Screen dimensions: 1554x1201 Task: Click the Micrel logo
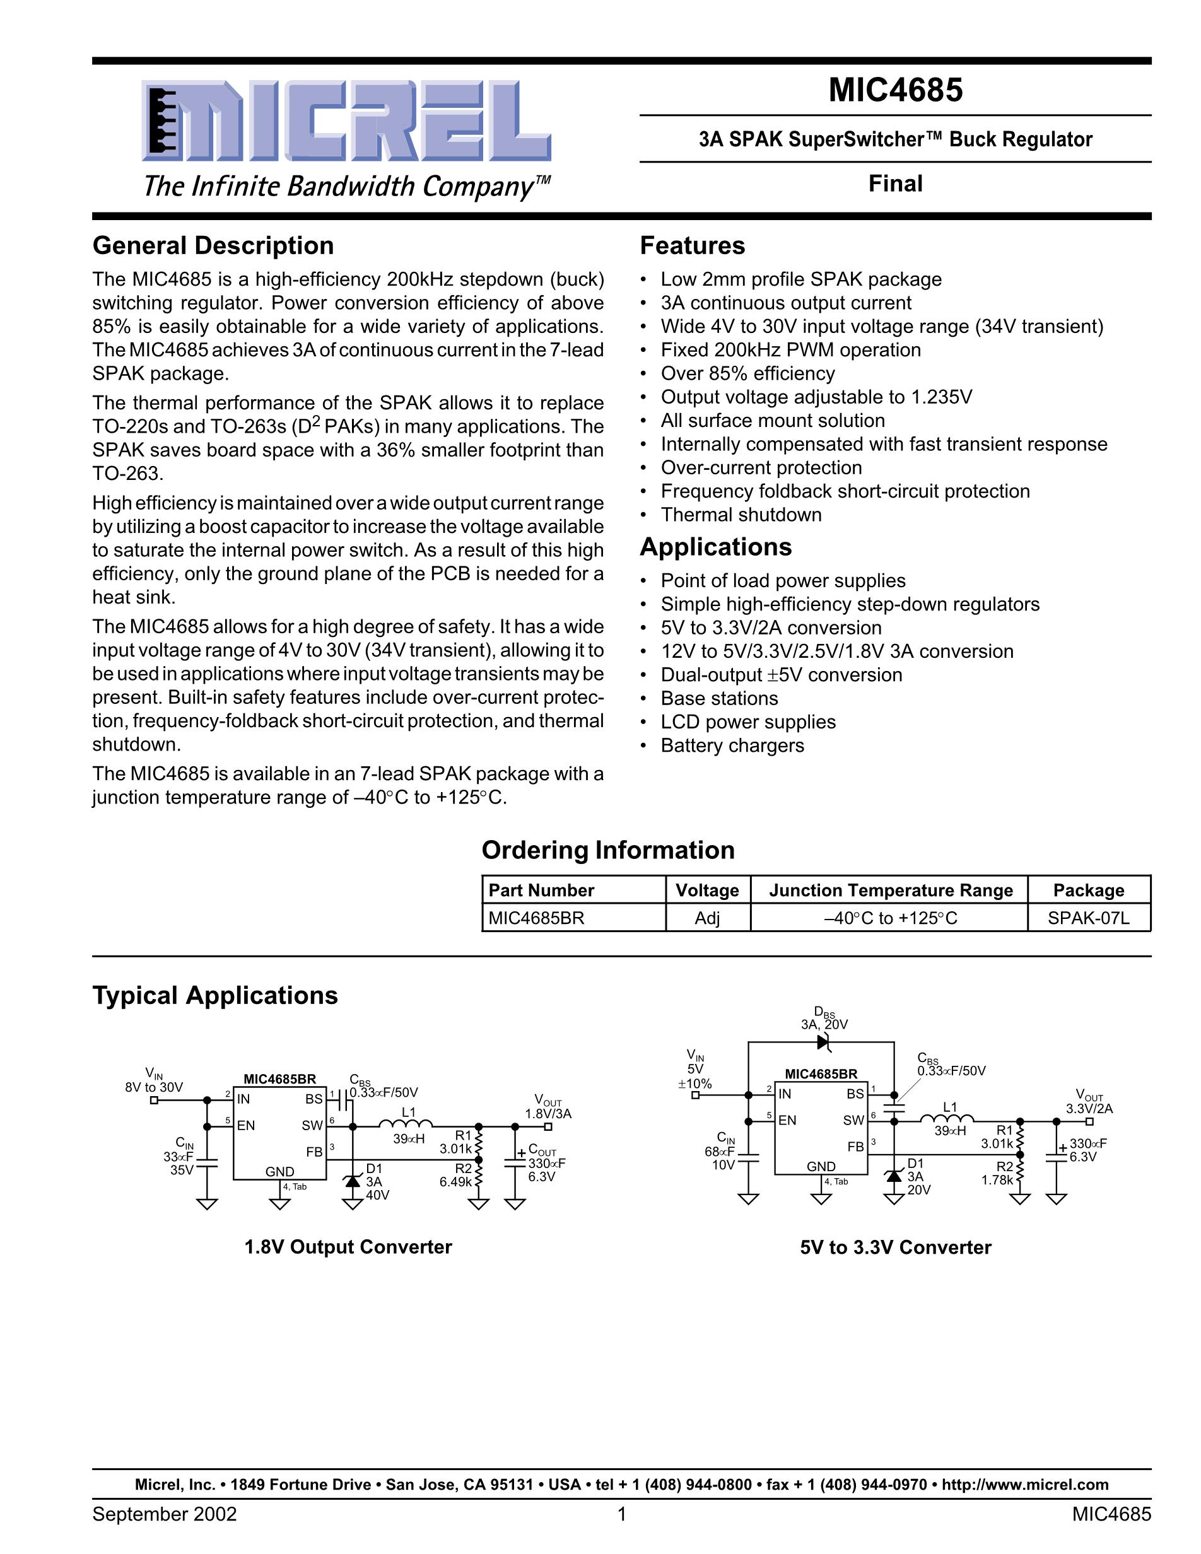346,121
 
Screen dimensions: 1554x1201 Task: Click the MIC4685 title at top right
895,90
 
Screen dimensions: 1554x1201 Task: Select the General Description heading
213,245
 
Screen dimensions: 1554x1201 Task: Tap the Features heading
693,245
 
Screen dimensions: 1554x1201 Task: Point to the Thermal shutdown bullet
741,515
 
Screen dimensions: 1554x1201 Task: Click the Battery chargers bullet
732,745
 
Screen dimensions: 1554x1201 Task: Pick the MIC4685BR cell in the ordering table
536,918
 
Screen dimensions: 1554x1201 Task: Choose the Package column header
1089,890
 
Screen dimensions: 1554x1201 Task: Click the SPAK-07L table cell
1089,918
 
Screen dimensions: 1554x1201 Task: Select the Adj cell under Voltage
707,918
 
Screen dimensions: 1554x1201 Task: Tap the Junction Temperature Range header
891,890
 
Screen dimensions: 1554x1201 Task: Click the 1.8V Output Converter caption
348,1247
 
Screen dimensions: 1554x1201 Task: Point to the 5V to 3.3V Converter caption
895,1247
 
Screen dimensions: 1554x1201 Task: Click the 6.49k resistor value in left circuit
455,1182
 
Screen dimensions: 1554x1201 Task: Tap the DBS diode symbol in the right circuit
824,1043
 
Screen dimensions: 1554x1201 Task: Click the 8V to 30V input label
154,1087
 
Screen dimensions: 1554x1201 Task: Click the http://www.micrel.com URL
1024,1484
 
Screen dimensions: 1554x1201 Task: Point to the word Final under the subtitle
895,184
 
